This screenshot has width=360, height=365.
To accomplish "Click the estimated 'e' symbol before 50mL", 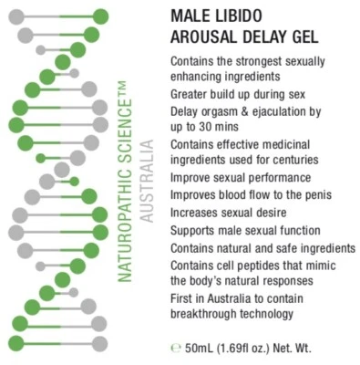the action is tap(174, 346).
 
